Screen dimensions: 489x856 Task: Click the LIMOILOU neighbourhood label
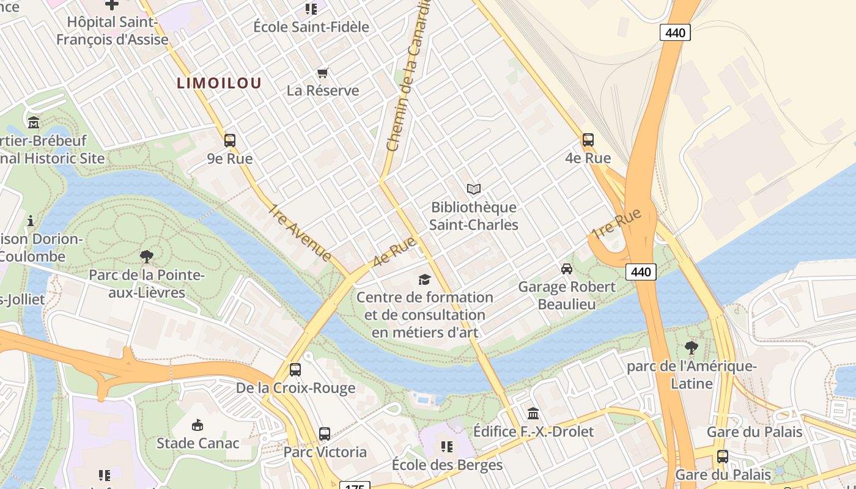(219, 83)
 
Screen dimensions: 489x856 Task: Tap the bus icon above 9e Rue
(230, 141)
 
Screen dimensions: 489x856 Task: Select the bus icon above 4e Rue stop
(588, 140)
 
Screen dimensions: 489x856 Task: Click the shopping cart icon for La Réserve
(322, 73)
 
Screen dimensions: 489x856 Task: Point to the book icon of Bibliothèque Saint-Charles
(474, 189)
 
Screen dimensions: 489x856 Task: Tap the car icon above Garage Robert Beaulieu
(567, 268)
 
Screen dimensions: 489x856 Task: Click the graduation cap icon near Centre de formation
(424, 279)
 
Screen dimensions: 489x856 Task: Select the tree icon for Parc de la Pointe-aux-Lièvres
(146, 256)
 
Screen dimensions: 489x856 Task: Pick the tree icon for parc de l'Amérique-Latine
(692, 348)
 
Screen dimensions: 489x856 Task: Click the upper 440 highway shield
(675, 32)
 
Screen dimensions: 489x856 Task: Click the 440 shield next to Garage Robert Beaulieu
(641, 272)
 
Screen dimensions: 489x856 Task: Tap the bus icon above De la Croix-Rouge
(295, 370)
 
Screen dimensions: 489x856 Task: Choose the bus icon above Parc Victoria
(325, 434)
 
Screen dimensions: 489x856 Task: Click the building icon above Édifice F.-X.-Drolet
(533, 414)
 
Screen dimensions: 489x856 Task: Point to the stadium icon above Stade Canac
(197, 425)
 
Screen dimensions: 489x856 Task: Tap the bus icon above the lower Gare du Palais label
(722, 456)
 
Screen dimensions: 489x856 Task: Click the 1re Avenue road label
(299, 233)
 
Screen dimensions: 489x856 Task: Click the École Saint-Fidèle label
(311, 27)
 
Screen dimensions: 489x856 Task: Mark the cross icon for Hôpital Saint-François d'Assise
(112, 5)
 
